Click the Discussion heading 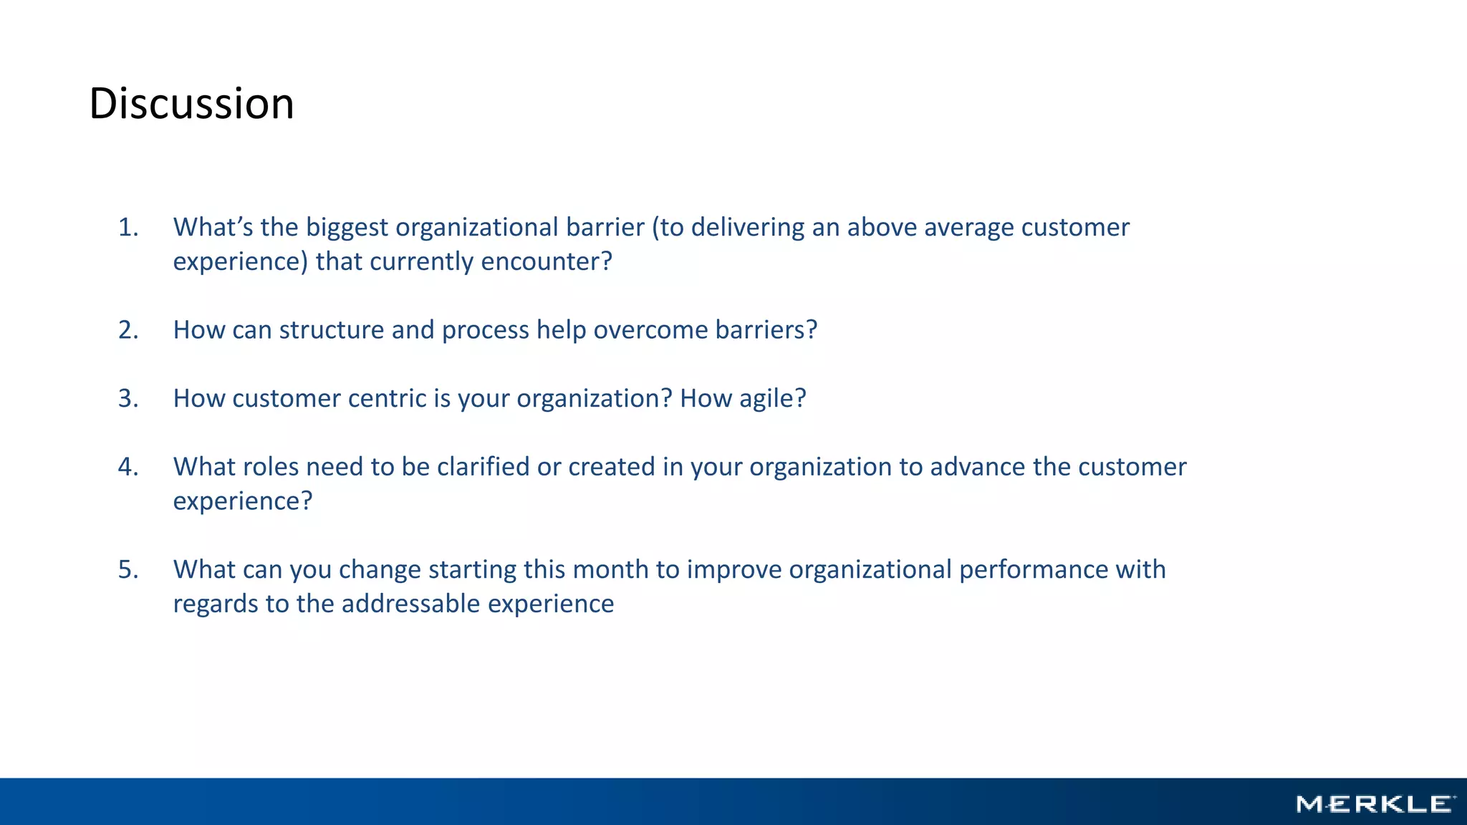(x=191, y=103)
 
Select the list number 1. (x=128, y=227)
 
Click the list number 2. (x=128, y=329)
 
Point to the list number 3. (x=128, y=398)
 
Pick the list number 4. (x=128, y=467)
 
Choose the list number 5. (x=128, y=569)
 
